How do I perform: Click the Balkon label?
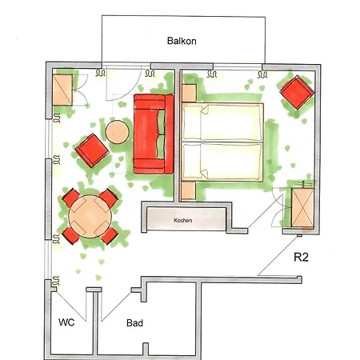[182, 41]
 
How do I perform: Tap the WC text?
[68, 323]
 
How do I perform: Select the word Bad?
[134, 323]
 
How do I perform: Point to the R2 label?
[302, 258]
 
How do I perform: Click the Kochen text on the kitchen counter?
[183, 218]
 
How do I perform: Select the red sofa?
[153, 134]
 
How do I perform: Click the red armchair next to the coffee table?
[90, 150]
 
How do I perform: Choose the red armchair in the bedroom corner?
[295, 92]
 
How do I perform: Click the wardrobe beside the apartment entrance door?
[302, 208]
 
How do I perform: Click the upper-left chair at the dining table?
[70, 197]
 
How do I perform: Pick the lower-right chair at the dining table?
[110, 234]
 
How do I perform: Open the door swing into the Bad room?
[112, 304]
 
